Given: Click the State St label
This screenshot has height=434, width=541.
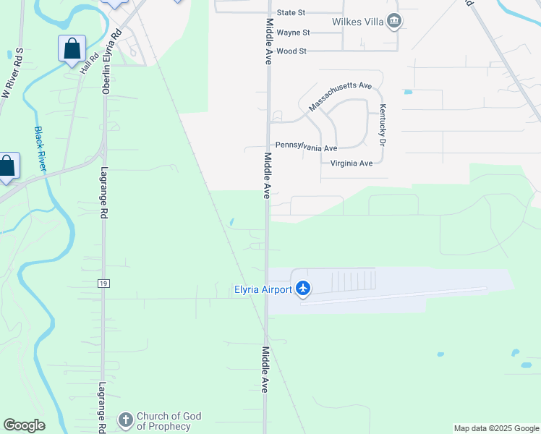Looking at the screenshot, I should [x=291, y=13].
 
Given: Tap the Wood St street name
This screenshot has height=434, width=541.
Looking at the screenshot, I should [x=291, y=51].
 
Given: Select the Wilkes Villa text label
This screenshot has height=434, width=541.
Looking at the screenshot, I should [x=357, y=21].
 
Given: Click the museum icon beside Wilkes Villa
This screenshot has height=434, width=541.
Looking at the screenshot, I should [x=393, y=21].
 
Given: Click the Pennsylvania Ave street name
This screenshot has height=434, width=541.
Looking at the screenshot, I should [x=306, y=148].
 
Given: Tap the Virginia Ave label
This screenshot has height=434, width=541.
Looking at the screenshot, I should [x=351, y=163].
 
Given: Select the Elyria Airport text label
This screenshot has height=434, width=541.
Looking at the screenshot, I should [x=263, y=290].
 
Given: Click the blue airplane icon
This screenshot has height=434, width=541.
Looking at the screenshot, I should [x=302, y=289].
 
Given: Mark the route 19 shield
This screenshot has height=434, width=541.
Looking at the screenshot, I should [x=104, y=284].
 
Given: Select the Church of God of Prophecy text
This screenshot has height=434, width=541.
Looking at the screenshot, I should [x=169, y=421].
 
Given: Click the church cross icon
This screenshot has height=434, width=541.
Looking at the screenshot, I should [x=125, y=420].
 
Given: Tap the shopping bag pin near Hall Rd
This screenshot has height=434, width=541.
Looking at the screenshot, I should [x=72, y=49].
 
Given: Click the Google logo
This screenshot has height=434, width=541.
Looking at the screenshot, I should [x=24, y=425].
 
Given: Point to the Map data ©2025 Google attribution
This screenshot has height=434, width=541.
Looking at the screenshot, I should [x=496, y=428].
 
